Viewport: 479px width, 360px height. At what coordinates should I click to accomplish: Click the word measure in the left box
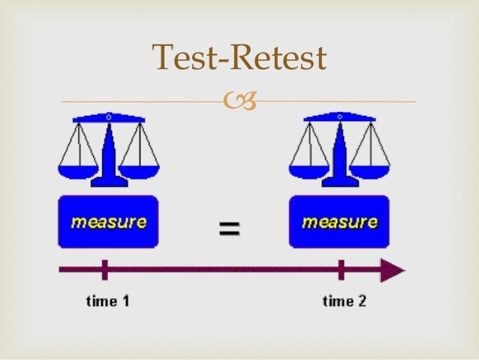point(109,222)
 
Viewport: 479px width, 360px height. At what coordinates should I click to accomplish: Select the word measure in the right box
point(339,222)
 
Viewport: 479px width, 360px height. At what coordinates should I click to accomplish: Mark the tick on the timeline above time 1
point(105,270)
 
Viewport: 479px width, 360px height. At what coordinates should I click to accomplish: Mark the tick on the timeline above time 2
point(342,270)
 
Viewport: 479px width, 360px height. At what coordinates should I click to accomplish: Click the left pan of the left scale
point(77,170)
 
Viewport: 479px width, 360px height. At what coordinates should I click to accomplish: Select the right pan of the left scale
point(140,170)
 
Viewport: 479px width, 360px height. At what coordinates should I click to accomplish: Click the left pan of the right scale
point(309,170)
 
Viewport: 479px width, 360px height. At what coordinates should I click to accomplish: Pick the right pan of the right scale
point(371,170)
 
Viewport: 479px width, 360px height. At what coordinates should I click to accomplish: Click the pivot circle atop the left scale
point(108,117)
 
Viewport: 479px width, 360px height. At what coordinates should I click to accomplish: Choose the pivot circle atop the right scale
point(339,117)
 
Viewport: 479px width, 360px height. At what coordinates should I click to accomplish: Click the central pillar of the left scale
point(108,150)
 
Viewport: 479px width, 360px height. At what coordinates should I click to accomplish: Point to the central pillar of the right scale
point(339,150)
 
